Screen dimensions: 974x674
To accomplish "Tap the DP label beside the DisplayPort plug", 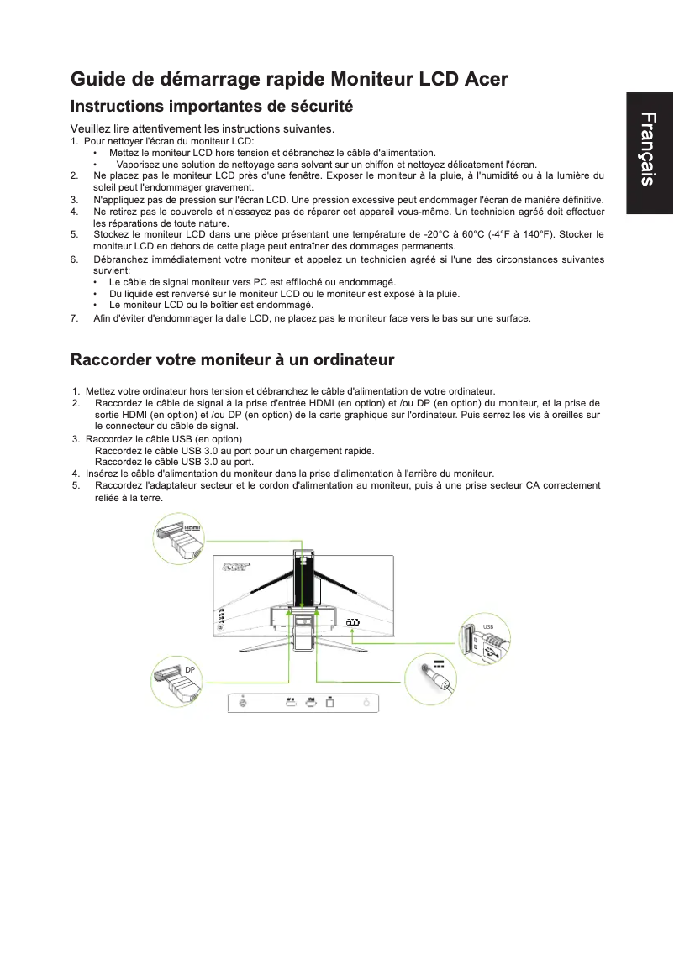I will pos(190,669).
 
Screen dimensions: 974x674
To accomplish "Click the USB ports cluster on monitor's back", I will pos(353,622).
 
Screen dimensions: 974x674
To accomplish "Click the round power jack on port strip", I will pos(243,703).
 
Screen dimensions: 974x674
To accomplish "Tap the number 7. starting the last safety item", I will pos(75,318).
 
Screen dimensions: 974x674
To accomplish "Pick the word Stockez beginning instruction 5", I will pos(111,235).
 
